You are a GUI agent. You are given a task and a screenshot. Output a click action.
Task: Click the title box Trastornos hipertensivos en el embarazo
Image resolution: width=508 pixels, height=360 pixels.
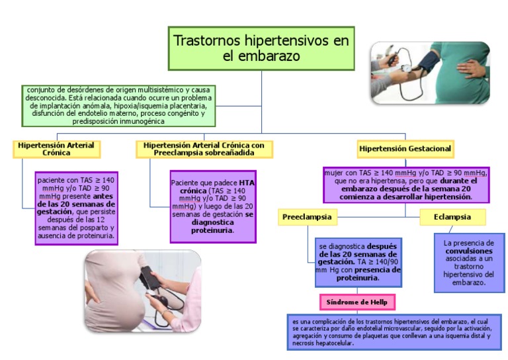coord(261,48)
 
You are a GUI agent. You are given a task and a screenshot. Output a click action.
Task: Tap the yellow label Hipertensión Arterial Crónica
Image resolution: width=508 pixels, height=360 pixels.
coord(56,149)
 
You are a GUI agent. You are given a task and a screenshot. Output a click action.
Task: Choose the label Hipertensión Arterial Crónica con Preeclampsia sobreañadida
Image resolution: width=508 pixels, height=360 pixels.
coord(204,149)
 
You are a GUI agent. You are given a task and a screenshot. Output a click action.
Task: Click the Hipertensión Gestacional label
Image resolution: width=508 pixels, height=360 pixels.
coord(405,149)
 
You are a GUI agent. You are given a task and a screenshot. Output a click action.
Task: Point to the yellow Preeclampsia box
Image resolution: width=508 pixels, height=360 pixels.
coord(306,217)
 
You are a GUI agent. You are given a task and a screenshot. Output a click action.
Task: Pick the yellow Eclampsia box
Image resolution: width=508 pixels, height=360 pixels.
coord(452,217)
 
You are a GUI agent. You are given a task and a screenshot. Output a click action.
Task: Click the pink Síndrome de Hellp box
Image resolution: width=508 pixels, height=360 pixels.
coord(357,302)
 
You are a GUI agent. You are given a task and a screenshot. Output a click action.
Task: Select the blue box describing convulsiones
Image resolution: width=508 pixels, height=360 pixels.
coord(468,262)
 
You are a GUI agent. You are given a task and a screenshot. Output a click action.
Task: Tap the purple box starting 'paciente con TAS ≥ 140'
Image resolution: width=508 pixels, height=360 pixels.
coord(77,207)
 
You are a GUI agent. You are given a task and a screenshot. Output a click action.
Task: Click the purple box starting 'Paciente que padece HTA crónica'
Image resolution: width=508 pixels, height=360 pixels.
coord(212,206)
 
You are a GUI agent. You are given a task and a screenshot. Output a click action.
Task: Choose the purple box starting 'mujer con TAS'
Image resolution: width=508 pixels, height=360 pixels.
coord(405,185)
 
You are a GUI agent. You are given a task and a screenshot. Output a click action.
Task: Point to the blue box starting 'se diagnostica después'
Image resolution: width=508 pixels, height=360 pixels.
coord(358,262)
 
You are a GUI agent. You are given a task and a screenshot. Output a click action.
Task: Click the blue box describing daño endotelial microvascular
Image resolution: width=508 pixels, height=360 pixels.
coord(394,331)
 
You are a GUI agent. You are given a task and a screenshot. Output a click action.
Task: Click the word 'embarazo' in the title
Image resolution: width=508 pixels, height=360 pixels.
coord(261,57)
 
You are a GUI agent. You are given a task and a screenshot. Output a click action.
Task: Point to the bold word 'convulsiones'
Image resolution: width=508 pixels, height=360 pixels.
coord(468,251)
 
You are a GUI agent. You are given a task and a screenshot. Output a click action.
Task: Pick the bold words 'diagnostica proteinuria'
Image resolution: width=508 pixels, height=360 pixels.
coord(212,226)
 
